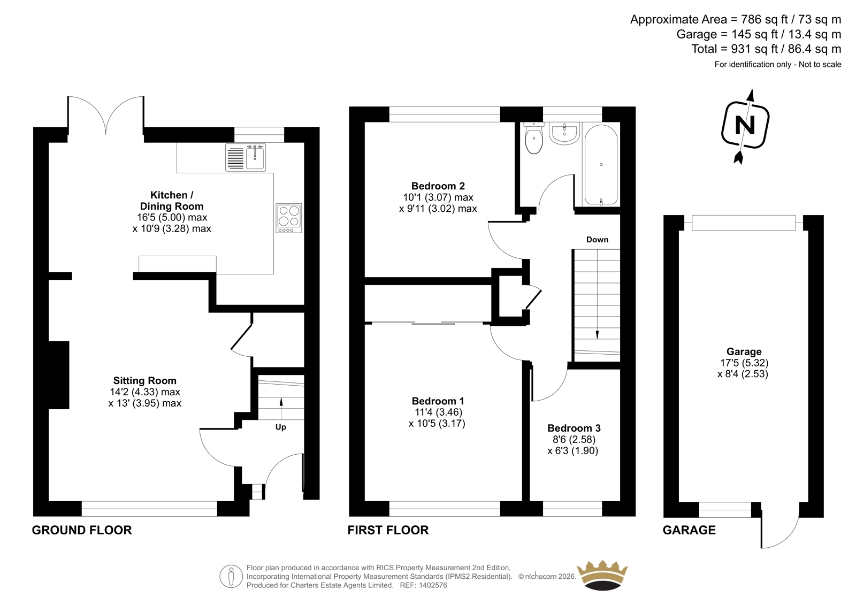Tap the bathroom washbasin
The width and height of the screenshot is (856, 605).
(x=564, y=133)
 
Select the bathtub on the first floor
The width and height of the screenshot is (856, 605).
(x=601, y=165)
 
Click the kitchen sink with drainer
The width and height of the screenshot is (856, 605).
(x=246, y=157)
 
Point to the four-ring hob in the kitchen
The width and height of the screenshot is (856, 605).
(x=289, y=218)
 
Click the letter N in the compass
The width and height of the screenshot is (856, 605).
(x=745, y=125)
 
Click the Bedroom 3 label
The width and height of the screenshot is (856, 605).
(x=574, y=428)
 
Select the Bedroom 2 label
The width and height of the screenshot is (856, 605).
(x=438, y=186)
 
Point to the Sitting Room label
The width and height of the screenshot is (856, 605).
(x=145, y=381)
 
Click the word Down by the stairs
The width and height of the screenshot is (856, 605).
(x=597, y=240)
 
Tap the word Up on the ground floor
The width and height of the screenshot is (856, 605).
(x=281, y=427)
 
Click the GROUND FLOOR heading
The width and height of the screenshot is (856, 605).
(x=82, y=530)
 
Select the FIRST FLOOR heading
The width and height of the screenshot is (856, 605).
(x=388, y=530)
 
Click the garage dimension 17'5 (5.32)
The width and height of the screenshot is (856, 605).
(x=744, y=363)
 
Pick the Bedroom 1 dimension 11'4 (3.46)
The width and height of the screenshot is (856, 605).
(x=438, y=412)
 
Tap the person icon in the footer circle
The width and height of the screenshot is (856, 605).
(x=231, y=576)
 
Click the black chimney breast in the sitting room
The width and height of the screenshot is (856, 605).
(x=59, y=375)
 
